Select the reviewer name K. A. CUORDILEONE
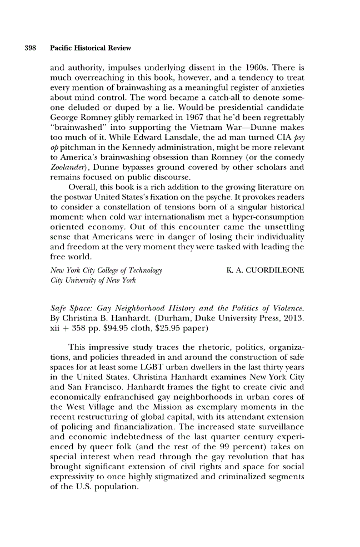click(x=265, y=270)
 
